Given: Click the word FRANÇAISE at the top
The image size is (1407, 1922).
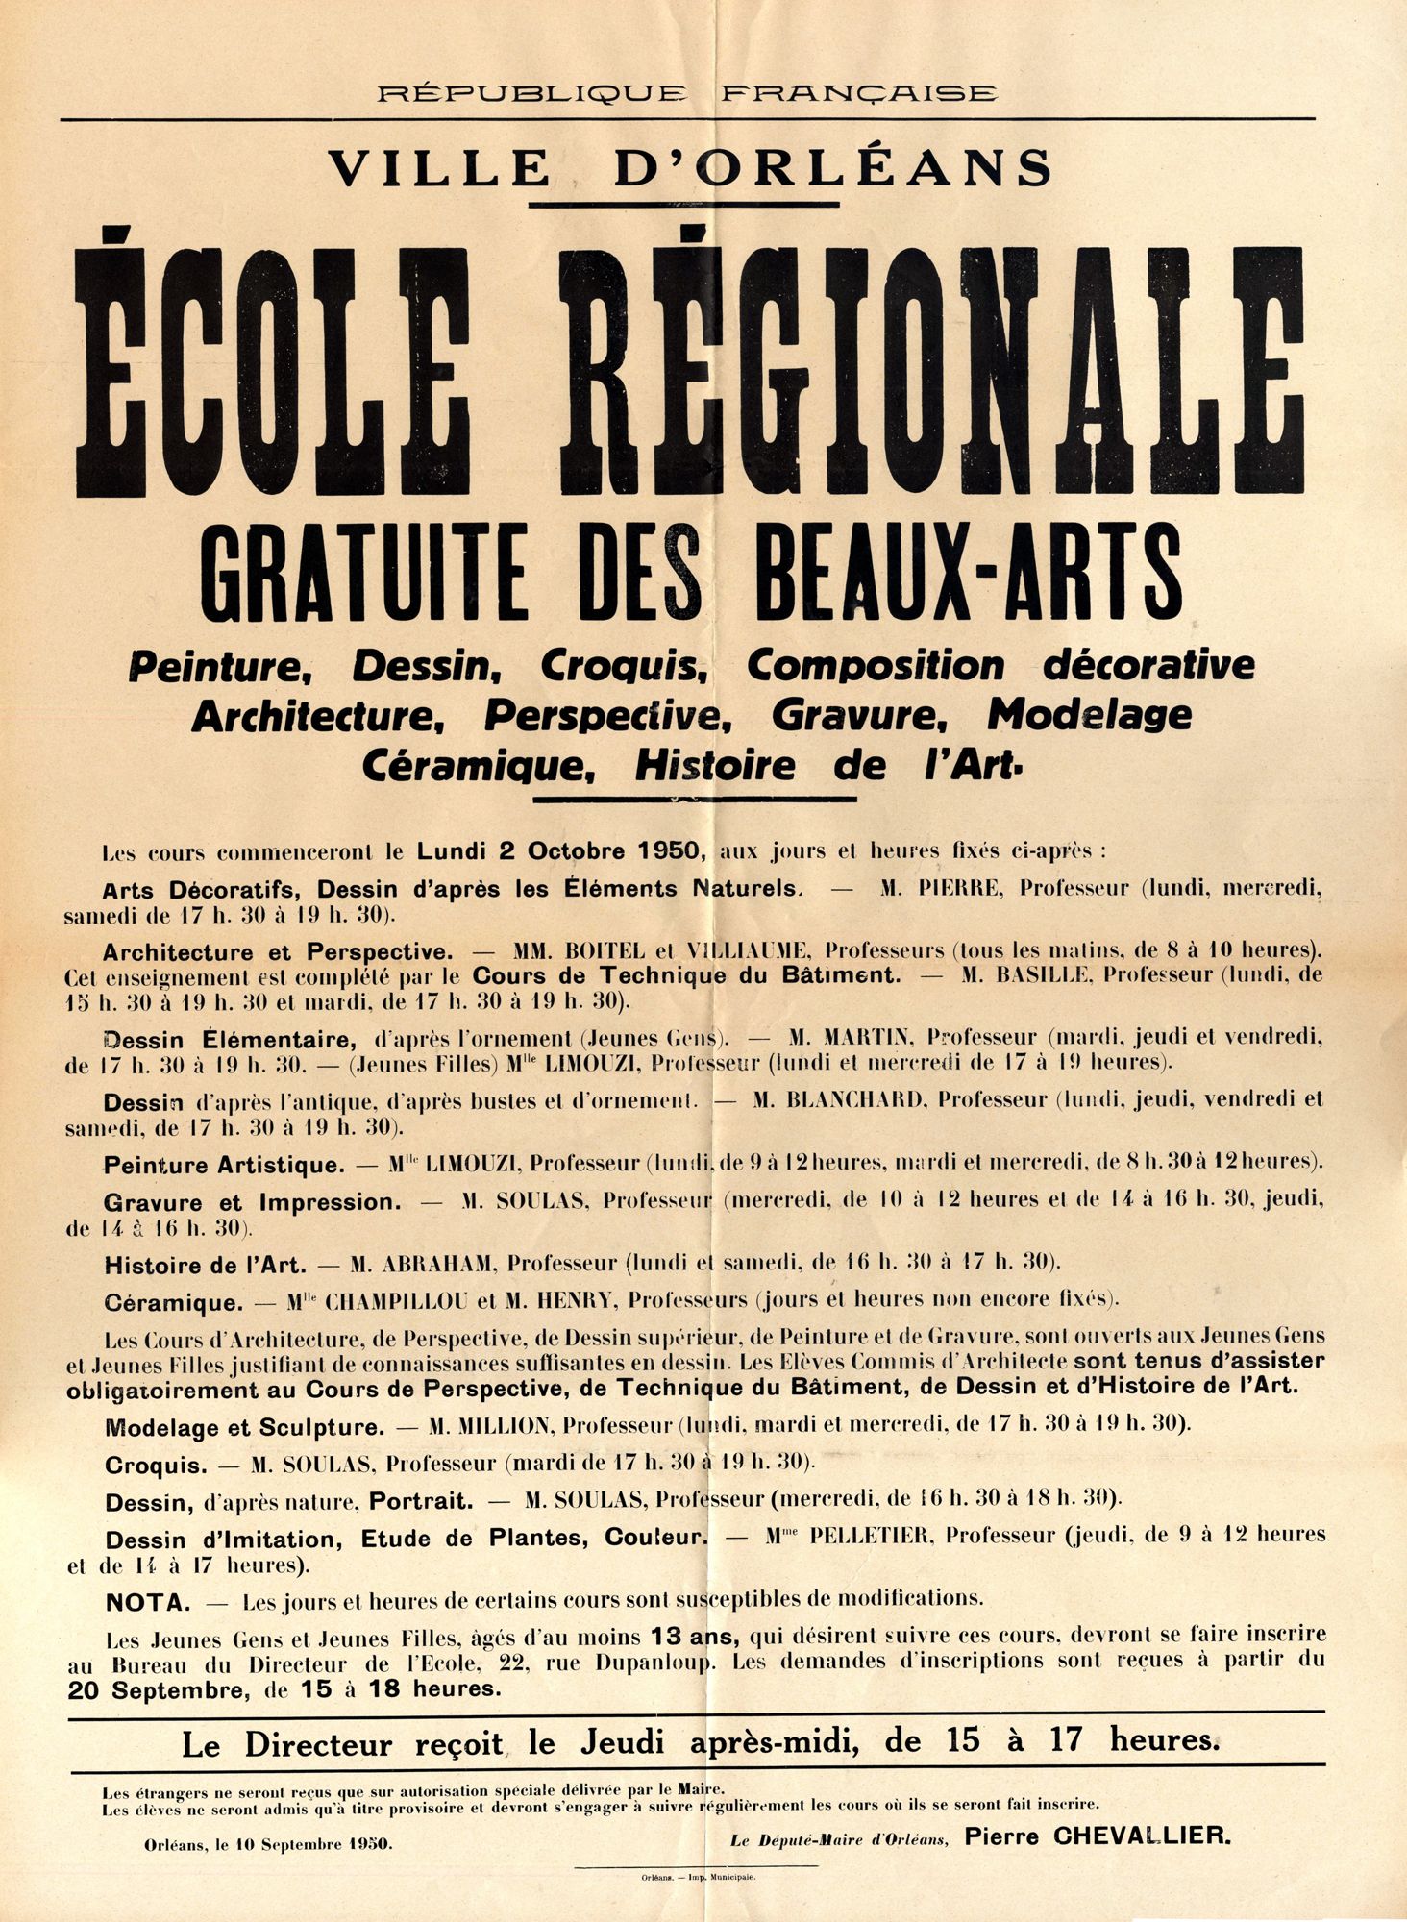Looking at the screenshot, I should [x=858, y=93].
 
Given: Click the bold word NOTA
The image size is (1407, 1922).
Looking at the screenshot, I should [x=147, y=1600].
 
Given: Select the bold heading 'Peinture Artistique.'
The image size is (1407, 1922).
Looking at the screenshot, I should [x=224, y=1165].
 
